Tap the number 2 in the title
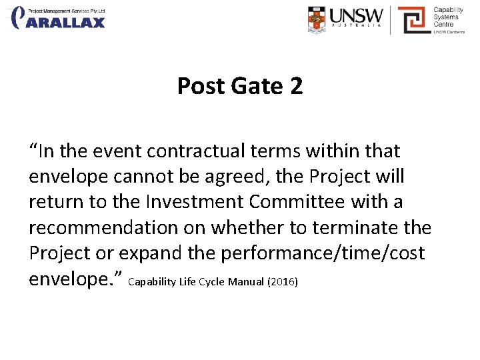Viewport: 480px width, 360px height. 296,86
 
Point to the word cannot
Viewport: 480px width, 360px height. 138,177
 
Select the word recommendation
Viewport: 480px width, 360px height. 106,228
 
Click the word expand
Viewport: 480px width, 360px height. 147,254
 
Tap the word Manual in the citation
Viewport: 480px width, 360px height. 246,282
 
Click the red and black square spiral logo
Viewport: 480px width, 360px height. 411,19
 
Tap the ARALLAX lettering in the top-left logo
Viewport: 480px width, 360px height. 66,23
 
